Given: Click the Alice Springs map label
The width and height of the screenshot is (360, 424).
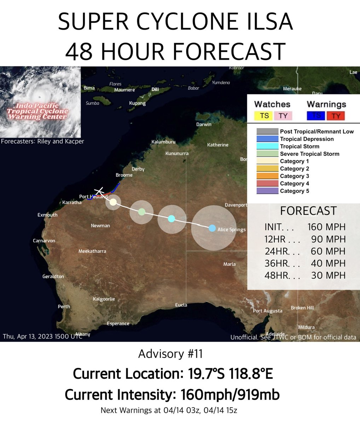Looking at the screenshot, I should tap(231, 230).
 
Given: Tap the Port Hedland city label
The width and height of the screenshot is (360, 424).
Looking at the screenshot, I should tap(93, 197).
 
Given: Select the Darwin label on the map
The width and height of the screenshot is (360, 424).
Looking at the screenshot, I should tap(204, 124).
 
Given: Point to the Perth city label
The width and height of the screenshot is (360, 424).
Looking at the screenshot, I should tap(64, 307).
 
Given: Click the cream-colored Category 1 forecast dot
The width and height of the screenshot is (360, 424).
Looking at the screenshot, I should tap(113, 202).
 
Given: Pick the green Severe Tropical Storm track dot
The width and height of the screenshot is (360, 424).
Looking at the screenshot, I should tap(141, 212).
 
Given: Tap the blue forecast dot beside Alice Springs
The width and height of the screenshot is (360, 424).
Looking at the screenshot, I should tap(212, 228).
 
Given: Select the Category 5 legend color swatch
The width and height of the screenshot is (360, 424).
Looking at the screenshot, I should tap(267, 191).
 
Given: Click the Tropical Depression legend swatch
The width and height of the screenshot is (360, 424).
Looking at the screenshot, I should tap(267, 139).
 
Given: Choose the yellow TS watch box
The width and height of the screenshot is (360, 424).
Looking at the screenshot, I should tap(264, 116).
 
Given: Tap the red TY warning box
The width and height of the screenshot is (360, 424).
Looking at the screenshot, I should tap(336, 116).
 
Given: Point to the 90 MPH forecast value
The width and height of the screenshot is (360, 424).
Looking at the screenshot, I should tap(328, 239).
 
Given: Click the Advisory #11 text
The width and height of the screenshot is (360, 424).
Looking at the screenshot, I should tap(170, 354).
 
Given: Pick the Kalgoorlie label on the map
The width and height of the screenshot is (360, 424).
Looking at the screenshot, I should tap(104, 299).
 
